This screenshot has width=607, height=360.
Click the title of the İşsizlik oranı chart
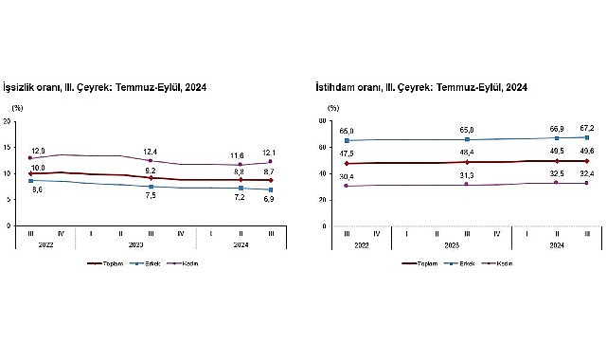[106, 87]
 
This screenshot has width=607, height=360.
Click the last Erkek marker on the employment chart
[585, 137]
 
